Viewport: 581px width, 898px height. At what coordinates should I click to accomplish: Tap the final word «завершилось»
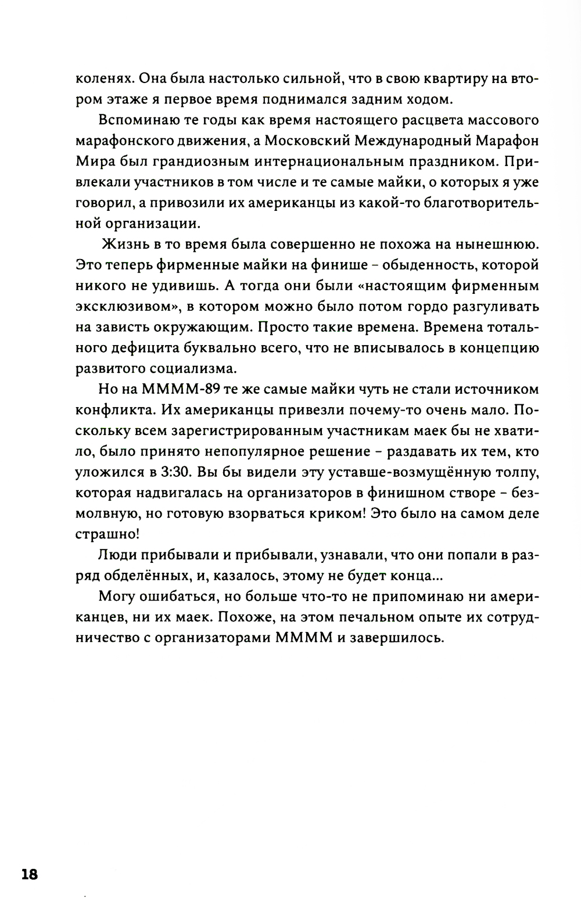pyautogui.click(x=396, y=638)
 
